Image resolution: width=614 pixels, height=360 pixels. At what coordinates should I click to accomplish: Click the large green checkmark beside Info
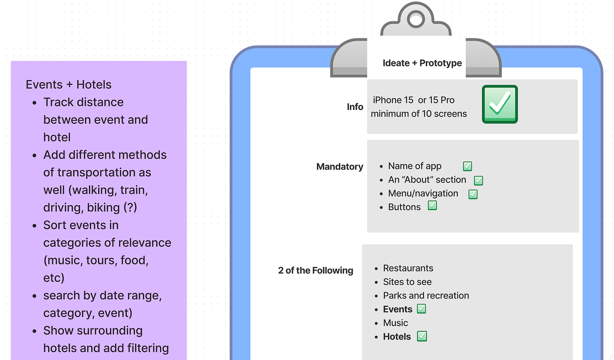point(500,104)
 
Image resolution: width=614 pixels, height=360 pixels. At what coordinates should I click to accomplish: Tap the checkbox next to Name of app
point(467,166)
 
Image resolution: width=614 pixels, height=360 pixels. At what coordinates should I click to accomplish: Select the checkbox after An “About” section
point(478,181)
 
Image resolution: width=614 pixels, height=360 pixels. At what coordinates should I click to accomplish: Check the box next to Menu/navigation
point(473,194)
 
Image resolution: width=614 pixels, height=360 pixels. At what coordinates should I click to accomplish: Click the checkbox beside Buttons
point(432,206)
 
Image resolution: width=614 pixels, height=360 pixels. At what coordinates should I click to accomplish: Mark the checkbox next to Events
point(421,309)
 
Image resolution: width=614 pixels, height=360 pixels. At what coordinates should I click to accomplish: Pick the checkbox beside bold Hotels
point(422,336)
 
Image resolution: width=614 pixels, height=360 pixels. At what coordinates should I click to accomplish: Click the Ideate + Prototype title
point(422,63)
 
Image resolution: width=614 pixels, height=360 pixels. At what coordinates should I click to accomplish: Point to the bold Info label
point(355,107)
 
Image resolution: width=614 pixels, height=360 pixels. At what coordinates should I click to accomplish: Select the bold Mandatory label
point(340,167)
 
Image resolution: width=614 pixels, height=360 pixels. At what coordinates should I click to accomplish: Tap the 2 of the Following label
point(316,271)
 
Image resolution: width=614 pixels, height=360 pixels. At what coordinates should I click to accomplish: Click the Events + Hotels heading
point(69,84)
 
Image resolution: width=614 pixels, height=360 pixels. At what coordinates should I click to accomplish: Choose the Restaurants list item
point(408,268)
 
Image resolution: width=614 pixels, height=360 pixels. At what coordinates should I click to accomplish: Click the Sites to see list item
point(407,282)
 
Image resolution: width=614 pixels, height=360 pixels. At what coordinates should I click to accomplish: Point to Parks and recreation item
point(426,296)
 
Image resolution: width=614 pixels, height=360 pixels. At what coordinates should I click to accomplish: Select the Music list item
point(395,323)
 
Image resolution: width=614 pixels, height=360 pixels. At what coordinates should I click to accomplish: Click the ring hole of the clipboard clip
point(416,19)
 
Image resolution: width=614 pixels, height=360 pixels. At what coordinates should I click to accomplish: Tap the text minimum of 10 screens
point(419,114)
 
